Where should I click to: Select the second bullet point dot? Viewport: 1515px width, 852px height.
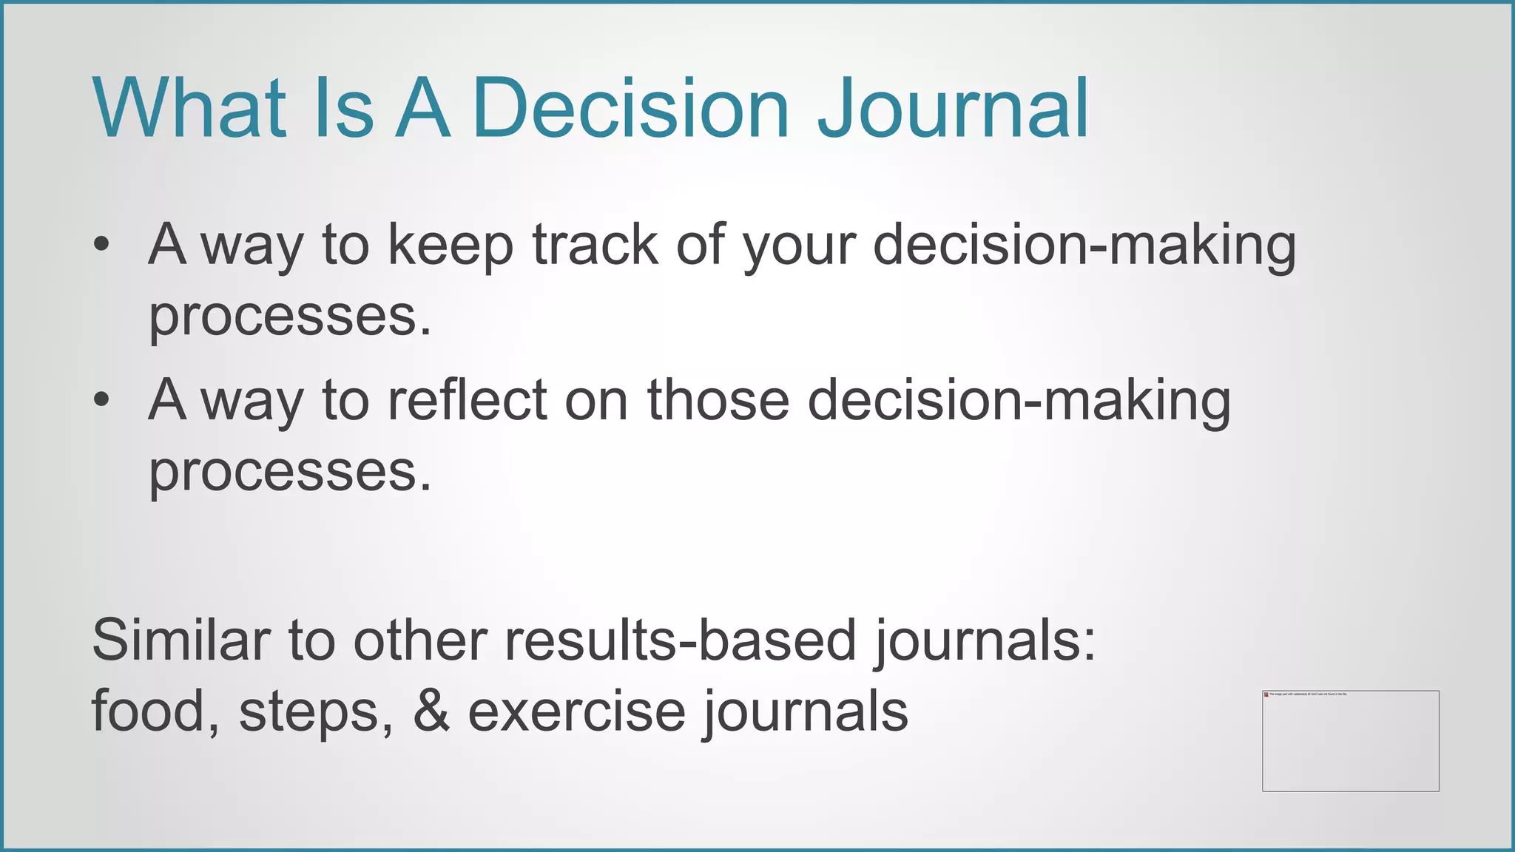tap(101, 400)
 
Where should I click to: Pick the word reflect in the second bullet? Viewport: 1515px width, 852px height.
tap(467, 400)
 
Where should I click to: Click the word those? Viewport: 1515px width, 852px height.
tap(718, 400)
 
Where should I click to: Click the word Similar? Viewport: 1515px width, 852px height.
tap(180, 640)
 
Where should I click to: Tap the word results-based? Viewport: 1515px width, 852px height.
tap(680, 640)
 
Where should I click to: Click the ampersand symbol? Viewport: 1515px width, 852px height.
tap(431, 711)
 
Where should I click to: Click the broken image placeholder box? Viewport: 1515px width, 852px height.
tap(1350, 741)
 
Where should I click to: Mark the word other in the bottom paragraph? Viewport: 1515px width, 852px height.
tap(419, 640)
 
